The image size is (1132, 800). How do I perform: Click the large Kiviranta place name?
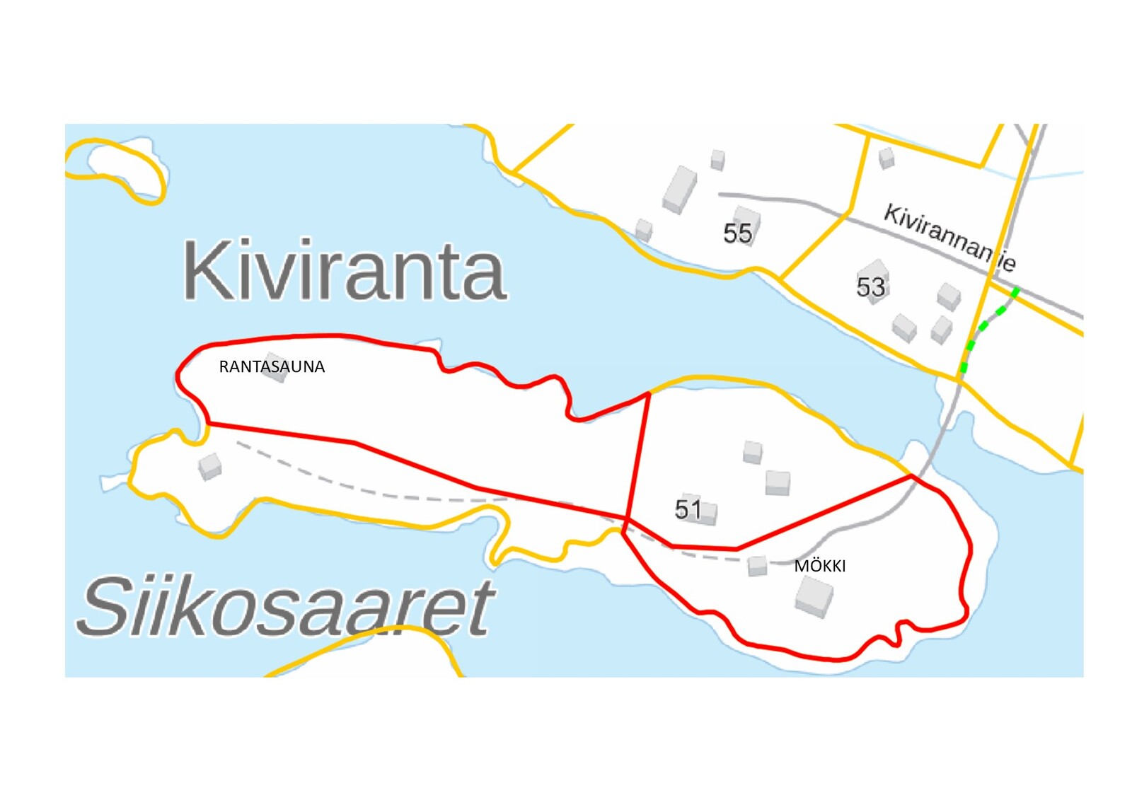tap(344, 271)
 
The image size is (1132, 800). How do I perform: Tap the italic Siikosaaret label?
tap(286, 607)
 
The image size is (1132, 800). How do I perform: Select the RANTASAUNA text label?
tap(272, 366)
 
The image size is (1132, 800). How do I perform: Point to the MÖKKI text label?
tap(819, 566)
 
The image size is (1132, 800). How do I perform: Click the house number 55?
tap(737, 233)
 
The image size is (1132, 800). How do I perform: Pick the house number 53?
tap(870, 287)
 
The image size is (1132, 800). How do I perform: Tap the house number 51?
tap(688, 509)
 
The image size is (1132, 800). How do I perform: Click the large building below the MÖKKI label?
tap(814, 596)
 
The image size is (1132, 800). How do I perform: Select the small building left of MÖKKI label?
tap(757, 566)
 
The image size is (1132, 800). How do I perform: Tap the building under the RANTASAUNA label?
tap(276, 372)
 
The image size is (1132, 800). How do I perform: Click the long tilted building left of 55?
tap(680, 189)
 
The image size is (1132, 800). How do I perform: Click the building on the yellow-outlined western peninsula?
tap(210, 466)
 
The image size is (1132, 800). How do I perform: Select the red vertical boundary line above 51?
tap(639, 453)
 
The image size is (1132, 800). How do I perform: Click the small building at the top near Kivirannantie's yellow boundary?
tap(886, 158)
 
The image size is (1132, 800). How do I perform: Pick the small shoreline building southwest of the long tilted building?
tap(644, 230)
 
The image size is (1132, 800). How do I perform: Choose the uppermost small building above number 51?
tap(753, 451)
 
